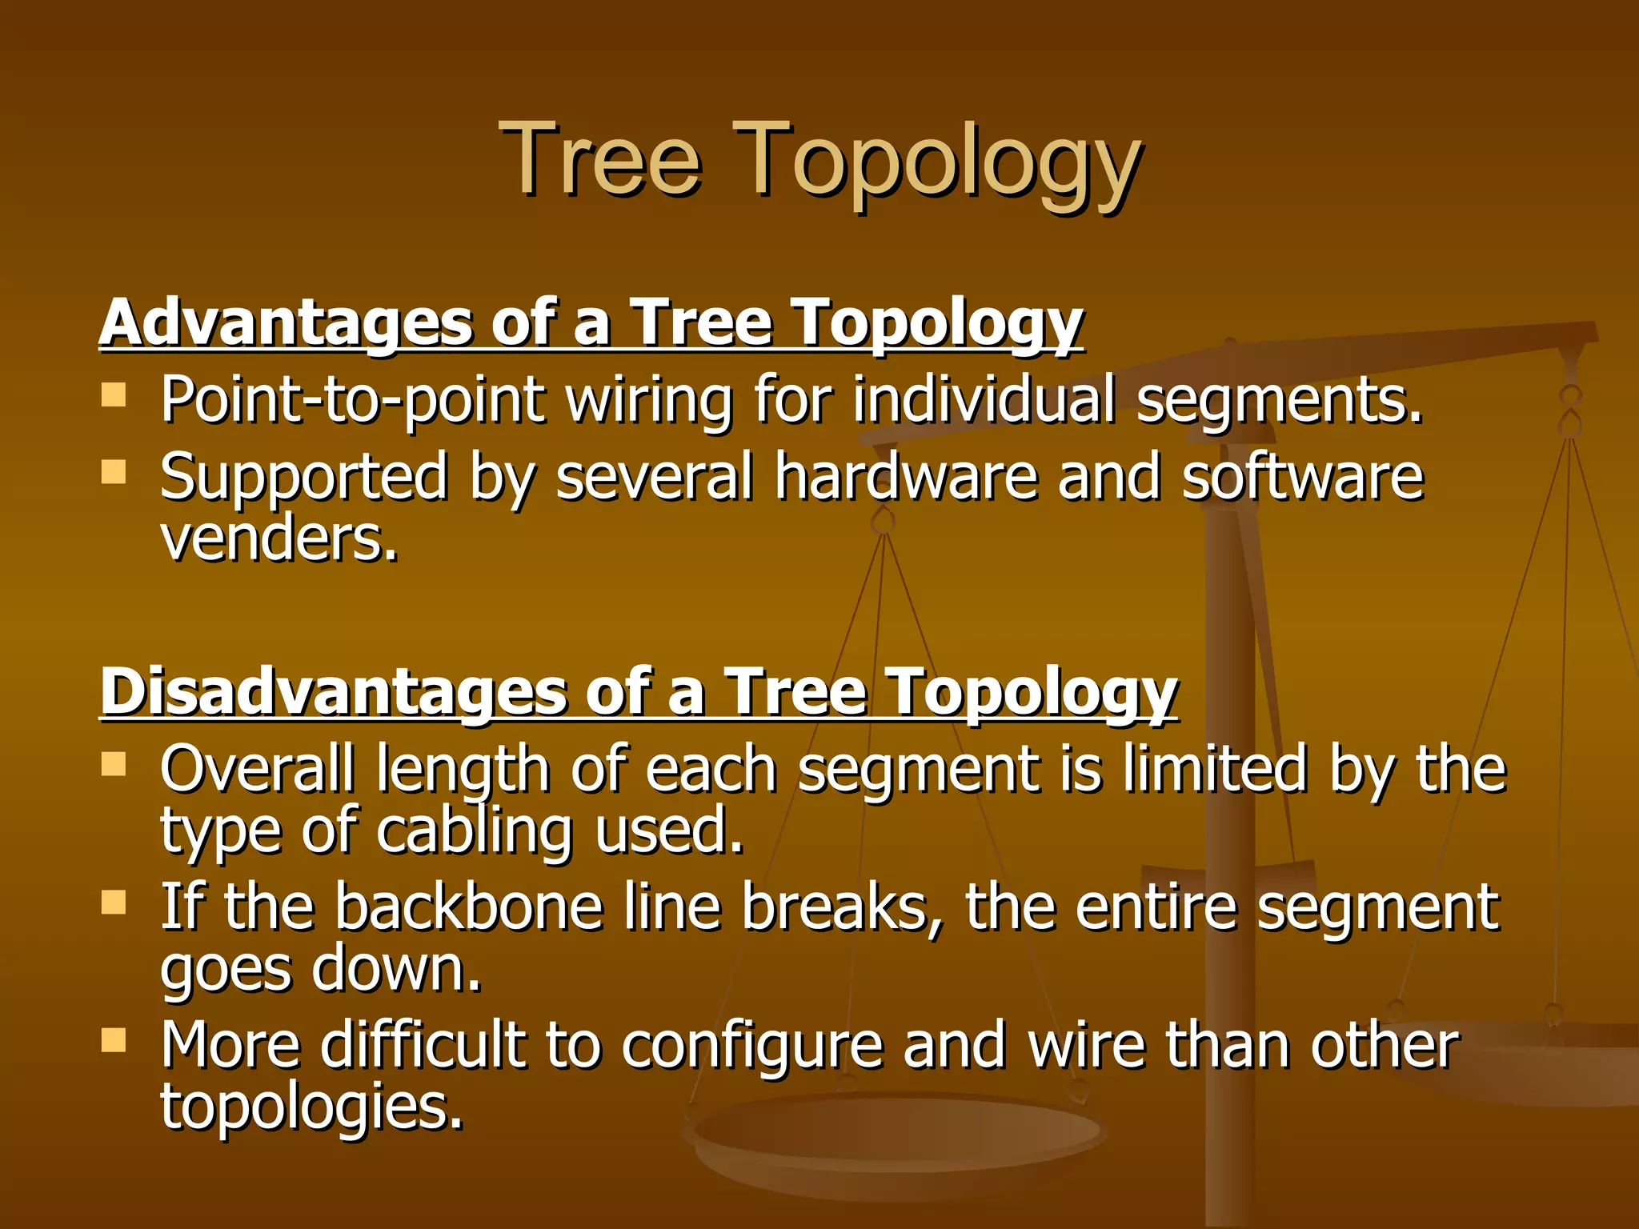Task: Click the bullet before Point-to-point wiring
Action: tap(114, 394)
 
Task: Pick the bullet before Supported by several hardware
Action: tap(114, 471)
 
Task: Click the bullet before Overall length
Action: tap(114, 763)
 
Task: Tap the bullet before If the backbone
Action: tap(114, 902)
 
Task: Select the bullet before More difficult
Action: tap(114, 1039)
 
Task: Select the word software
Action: tap(1302, 477)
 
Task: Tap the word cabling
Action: tap(474, 832)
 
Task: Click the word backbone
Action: tap(468, 907)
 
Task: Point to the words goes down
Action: tap(320, 970)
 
